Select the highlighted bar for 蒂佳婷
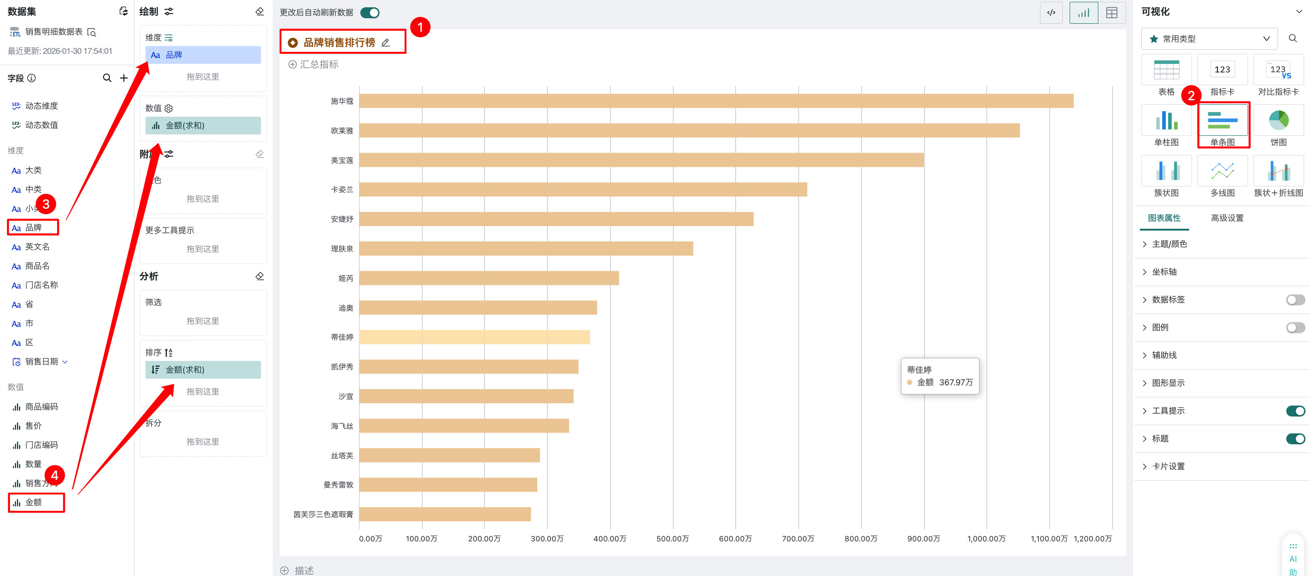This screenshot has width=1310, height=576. [x=474, y=337]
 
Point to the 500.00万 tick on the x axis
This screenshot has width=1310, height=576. [x=672, y=539]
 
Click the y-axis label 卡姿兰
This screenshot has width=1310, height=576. [x=342, y=190]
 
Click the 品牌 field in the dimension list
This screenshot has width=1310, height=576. [x=34, y=227]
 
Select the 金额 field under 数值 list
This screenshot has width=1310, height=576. [x=34, y=502]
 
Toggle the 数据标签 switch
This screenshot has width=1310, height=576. [x=1295, y=300]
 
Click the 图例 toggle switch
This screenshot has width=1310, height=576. [x=1295, y=328]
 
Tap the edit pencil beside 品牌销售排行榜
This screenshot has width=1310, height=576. [x=385, y=43]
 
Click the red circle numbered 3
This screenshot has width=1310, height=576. [x=46, y=204]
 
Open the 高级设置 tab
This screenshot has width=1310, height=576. [x=1227, y=218]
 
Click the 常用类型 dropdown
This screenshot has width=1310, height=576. [x=1209, y=39]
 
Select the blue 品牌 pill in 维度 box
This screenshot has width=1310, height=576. [x=203, y=55]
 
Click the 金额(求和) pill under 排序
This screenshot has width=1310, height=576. [x=203, y=370]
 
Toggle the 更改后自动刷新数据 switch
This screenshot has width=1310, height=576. [x=370, y=13]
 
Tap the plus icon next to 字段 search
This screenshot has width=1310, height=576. [x=124, y=78]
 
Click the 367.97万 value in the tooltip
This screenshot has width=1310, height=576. [x=956, y=382]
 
